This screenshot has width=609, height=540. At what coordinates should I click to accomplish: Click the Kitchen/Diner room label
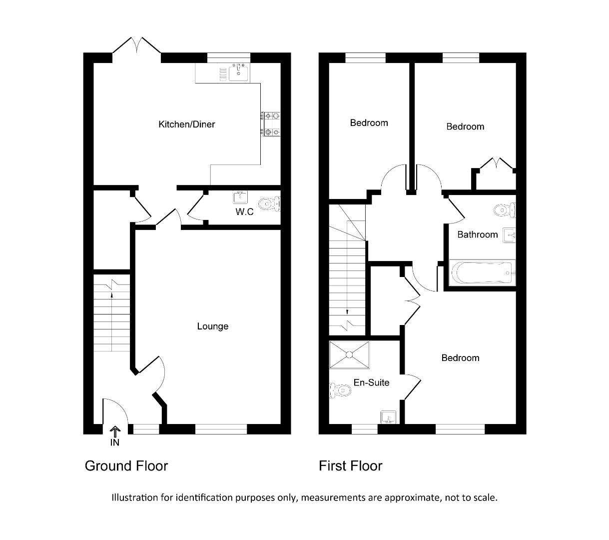pyautogui.click(x=186, y=124)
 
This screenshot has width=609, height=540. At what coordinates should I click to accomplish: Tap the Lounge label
pyautogui.click(x=212, y=326)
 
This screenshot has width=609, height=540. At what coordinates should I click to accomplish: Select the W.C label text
pyautogui.click(x=244, y=212)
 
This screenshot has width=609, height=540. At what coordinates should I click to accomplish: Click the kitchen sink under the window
pyautogui.click(x=238, y=72)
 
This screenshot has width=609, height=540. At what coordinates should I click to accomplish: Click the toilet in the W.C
pyautogui.click(x=270, y=203)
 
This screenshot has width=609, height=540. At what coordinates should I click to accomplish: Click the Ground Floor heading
pyautogui.click(x=126, y=466)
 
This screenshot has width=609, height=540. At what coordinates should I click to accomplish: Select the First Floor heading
pyautogui.click(x=350, y=466)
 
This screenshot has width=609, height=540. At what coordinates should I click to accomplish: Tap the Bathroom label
pyautogui.click(x=477, y=234)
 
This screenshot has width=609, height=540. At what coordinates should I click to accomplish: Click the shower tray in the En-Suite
pyautogui.click(x=349, y=355)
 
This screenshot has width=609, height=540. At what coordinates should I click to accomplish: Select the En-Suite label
pyautogui.click(x=371, y=382)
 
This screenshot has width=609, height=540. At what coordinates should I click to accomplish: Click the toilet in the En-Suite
pyautogui.click(x=340, y=389)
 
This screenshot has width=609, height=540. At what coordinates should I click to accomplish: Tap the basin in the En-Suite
pyautogui.click(x=388, y=416)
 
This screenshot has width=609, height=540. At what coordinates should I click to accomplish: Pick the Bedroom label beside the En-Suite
pyautogui.click(x=460, y=358)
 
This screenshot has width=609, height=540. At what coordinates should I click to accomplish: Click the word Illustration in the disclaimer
pyautogui.click(x=134, y=497)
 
